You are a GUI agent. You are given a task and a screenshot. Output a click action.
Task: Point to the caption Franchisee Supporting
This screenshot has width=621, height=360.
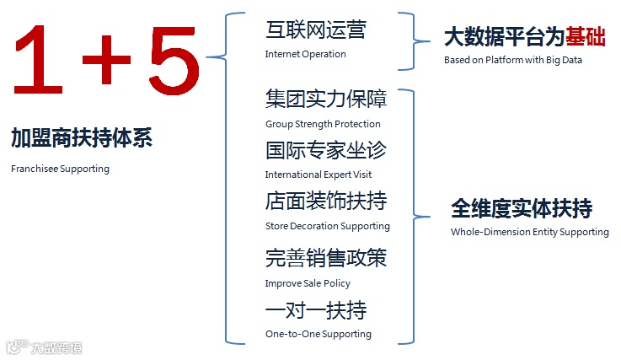61,169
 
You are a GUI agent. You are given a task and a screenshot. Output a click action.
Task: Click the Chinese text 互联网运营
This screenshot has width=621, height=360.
316,31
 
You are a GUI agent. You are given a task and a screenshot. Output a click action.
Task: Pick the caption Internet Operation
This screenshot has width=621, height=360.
305,55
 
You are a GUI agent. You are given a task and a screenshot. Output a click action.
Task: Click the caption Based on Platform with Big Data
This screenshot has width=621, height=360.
513,60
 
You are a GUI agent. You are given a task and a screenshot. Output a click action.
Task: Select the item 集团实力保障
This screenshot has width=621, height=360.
326,99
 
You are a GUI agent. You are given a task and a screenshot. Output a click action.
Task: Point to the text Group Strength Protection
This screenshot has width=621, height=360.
323,124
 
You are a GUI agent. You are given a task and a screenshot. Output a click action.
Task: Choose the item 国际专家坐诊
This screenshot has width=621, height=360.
326,151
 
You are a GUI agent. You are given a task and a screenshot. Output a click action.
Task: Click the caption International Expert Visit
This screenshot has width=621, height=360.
318,175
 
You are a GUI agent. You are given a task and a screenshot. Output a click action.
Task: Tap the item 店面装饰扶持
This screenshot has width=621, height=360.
326,202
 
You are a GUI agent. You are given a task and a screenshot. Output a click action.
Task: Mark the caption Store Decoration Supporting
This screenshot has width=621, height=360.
327,226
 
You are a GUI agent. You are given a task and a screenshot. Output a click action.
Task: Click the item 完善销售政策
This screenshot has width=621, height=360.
326,258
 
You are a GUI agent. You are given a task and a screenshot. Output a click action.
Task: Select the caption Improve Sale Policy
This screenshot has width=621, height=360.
308,283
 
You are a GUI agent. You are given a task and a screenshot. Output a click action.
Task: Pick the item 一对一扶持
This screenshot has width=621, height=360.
316,309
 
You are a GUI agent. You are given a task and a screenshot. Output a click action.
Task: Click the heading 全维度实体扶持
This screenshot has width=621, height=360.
522,208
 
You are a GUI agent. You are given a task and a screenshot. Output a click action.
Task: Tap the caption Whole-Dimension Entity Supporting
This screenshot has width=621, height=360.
529,232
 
